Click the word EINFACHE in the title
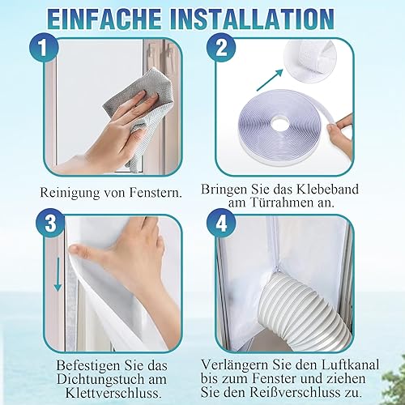pos(104,19)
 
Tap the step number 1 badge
pos(44,48)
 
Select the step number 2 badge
pos(221,48)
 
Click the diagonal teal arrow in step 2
pos(270,80)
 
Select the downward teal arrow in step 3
pos(58,274)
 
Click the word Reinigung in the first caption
pos(70,193)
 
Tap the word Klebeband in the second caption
pos(328,190)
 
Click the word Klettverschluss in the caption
pos(113,393)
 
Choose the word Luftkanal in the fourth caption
pos(351,364)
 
